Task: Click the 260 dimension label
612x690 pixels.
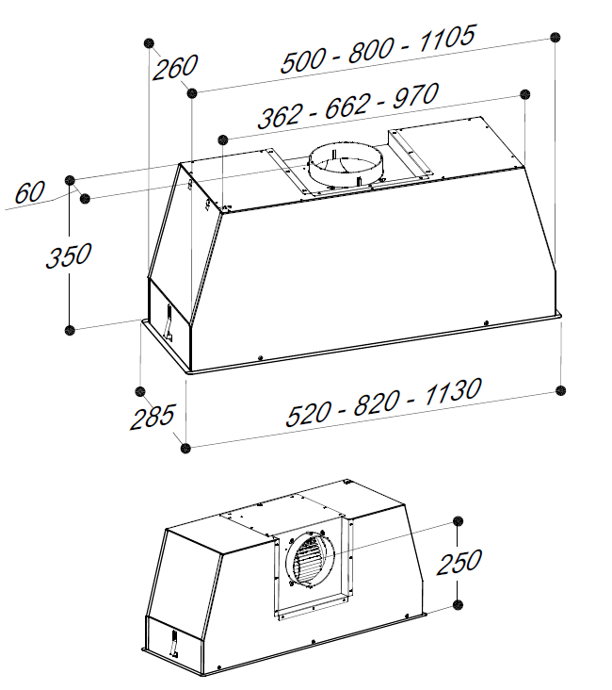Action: click(176, 67)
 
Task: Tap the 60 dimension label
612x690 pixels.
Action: click(29, 192)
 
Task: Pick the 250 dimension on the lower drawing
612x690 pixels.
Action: click(459, 562)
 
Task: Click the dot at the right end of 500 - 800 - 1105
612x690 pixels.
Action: click(556, 37)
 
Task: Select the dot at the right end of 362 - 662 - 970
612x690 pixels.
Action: click(525, 94)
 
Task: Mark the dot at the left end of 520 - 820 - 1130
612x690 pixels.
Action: click(187, 446)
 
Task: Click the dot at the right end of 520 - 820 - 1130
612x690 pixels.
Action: click(562, 390)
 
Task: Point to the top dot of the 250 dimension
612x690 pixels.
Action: click(459, 522)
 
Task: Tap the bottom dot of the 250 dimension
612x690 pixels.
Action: click(459, 603)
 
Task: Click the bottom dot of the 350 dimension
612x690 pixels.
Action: click(70, 330)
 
